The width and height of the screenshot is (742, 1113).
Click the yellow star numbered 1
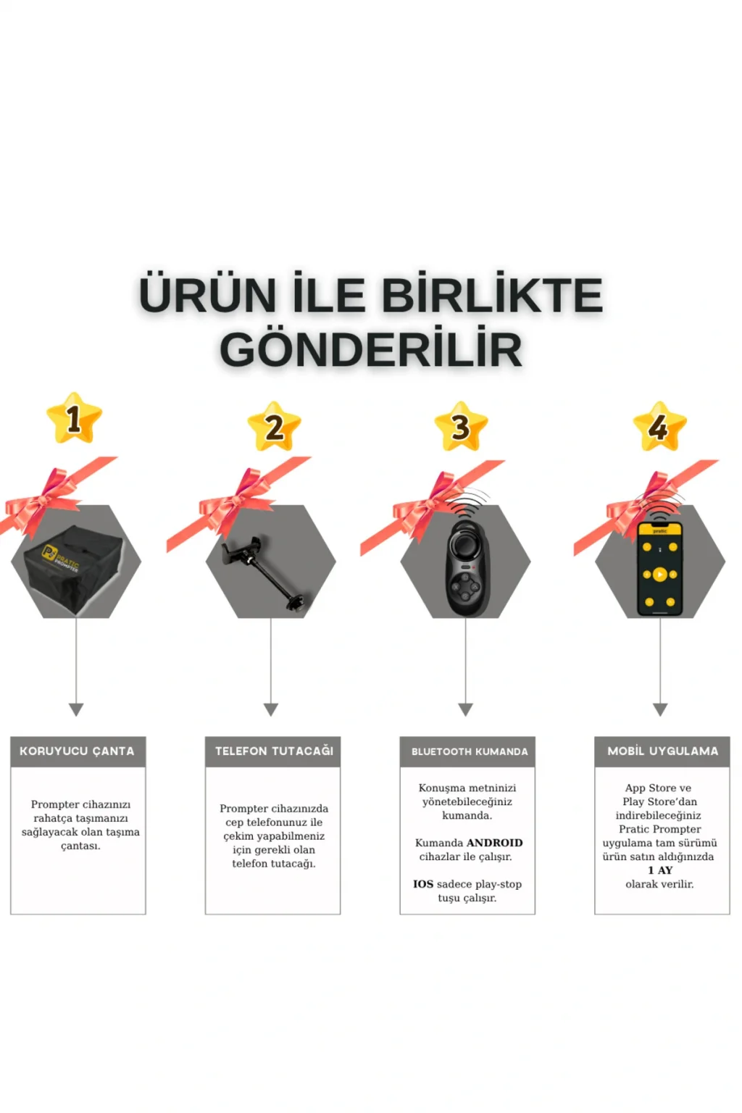[74, 418]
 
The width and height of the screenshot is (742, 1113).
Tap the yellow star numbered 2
[275, 427]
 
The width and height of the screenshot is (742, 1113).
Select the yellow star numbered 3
[461, 427]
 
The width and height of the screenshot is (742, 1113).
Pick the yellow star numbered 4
[659, 427]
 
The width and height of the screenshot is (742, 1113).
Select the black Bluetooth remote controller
[466, 568]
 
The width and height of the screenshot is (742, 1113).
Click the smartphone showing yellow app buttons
[659, 569]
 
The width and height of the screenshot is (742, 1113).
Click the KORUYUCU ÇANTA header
[78, 751]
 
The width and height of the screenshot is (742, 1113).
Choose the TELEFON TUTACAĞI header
[273, 751]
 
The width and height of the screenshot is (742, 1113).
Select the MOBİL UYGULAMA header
[662, 751]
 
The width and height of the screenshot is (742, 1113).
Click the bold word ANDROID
[494, 843]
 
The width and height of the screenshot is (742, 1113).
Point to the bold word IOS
[423, 884]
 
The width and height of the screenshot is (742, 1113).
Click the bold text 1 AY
[660, 870]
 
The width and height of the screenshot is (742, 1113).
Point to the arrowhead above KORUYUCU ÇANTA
[76, 709]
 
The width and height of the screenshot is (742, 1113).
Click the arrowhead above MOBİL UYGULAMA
[660, 709]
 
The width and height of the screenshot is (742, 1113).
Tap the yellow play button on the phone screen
[659, 575]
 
